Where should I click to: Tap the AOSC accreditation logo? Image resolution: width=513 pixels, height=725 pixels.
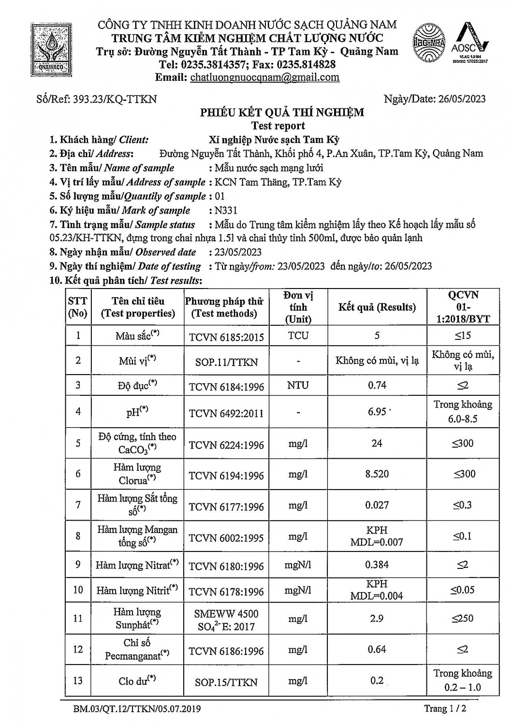470,44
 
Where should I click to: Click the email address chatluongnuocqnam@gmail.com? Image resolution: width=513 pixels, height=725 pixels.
265,77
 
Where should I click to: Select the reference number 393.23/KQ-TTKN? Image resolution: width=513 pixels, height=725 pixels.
114,99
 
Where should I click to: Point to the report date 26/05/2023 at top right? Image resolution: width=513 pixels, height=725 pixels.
461,99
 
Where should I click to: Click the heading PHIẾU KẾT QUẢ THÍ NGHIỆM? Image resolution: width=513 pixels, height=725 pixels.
282,113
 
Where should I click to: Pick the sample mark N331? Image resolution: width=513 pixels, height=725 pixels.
226,210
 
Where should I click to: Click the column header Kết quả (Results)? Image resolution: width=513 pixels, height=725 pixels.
377,307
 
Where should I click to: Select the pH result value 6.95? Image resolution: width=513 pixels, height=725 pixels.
377,411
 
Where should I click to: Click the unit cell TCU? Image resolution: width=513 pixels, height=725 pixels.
298,335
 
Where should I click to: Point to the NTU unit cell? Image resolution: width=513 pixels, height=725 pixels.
298,386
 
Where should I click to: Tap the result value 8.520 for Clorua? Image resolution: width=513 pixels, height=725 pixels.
377,474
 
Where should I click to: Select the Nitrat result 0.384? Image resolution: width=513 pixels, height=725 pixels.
377,565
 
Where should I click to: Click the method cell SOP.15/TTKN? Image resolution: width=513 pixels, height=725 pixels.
226,682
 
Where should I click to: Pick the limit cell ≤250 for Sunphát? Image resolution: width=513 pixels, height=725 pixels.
463,618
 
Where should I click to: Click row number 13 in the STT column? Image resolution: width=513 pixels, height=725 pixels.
78,681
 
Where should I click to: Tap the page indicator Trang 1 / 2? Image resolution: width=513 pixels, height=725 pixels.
444,709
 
